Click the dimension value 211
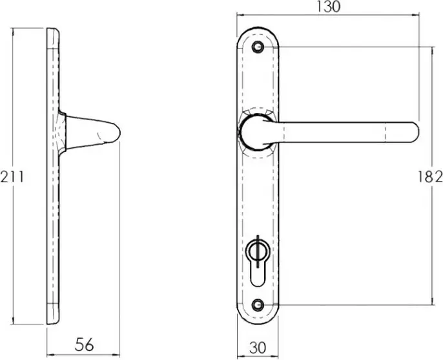coord(12,178)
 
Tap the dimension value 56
coord(84,344)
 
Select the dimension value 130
coord(328,6)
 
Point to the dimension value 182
coord(429,177)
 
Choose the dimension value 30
coord(258,348)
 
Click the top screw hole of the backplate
coord(258,47)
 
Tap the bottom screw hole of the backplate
coord(258,304)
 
